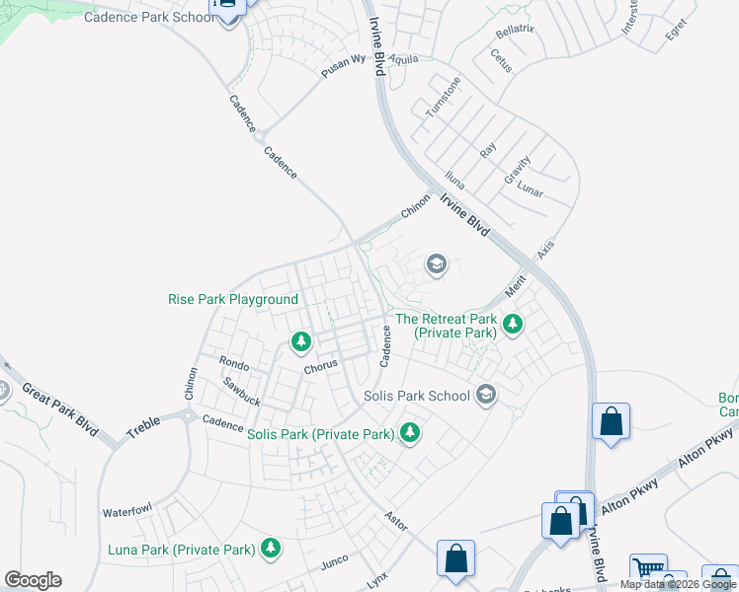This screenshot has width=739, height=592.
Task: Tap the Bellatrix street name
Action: coord(515,31)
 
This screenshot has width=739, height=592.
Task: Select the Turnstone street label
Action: coord(443,98)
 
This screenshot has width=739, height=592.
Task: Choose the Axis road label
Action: coord(545,250)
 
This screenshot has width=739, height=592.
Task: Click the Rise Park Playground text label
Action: coord(233,299)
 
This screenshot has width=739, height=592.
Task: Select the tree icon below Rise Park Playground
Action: coord(301,341)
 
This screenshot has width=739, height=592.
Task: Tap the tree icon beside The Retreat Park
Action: coord(513,323)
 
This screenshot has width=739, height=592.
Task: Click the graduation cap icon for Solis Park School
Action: coord(485,395)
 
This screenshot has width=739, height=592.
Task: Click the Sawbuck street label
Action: coord(241,392)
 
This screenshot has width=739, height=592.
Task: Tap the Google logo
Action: coord(33,580)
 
